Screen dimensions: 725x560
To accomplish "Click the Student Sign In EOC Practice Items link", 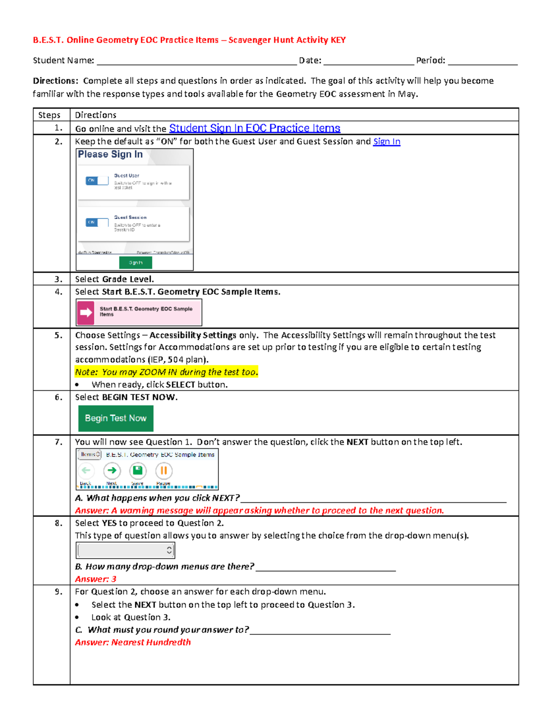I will point(254,128).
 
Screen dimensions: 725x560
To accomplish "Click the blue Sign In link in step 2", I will point(386,141).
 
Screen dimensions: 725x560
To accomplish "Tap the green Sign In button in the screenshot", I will point(135,263).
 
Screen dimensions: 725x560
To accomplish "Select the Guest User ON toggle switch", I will point(97,181).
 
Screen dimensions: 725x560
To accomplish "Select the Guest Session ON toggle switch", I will point(97,222).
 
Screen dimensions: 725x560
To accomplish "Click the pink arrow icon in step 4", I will point(86,312).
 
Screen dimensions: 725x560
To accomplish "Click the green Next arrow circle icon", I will point(112,471).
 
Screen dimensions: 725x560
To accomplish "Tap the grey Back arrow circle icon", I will point(86,471).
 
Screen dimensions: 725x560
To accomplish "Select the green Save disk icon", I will point(138,471).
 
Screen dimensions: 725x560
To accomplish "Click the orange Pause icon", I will point(164,471).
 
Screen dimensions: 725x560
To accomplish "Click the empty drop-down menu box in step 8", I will point(125,550).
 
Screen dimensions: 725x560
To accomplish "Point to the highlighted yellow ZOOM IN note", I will point(166,372).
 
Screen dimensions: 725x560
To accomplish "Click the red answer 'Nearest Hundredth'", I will point(133,642).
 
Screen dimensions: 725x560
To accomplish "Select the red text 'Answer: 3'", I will point(96,579).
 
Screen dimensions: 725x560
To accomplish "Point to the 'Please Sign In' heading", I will point(110,155).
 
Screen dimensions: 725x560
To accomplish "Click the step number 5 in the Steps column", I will point(58,335).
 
